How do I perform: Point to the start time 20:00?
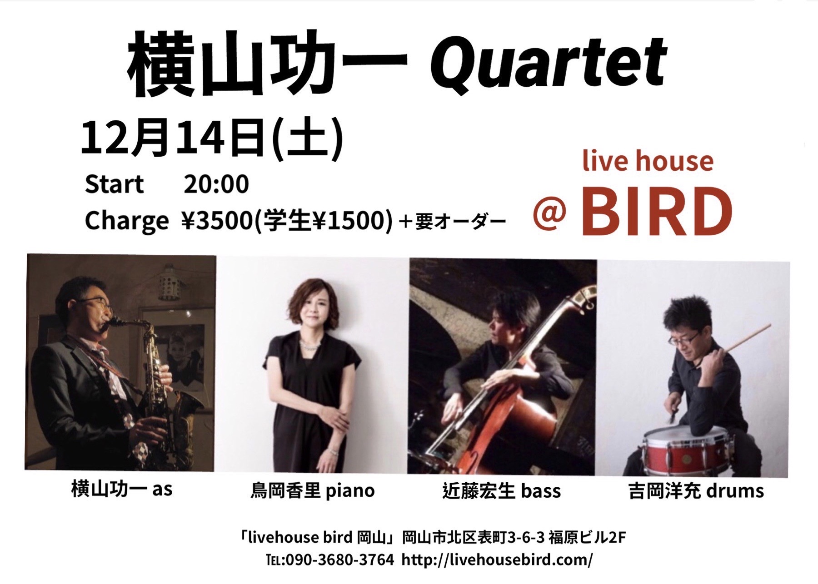click(216, 184)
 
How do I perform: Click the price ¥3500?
click(218, 221)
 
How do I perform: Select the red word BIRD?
click(657, 211)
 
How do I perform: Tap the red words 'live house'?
click(648, 161)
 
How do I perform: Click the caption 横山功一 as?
click(122, 489)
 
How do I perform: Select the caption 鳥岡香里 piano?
click(313, 490)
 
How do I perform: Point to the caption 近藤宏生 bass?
click(501, 491)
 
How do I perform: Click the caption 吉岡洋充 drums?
click(697, 491)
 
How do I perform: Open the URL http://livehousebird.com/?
click(497, 560)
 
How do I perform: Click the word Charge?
click(126, 222)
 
